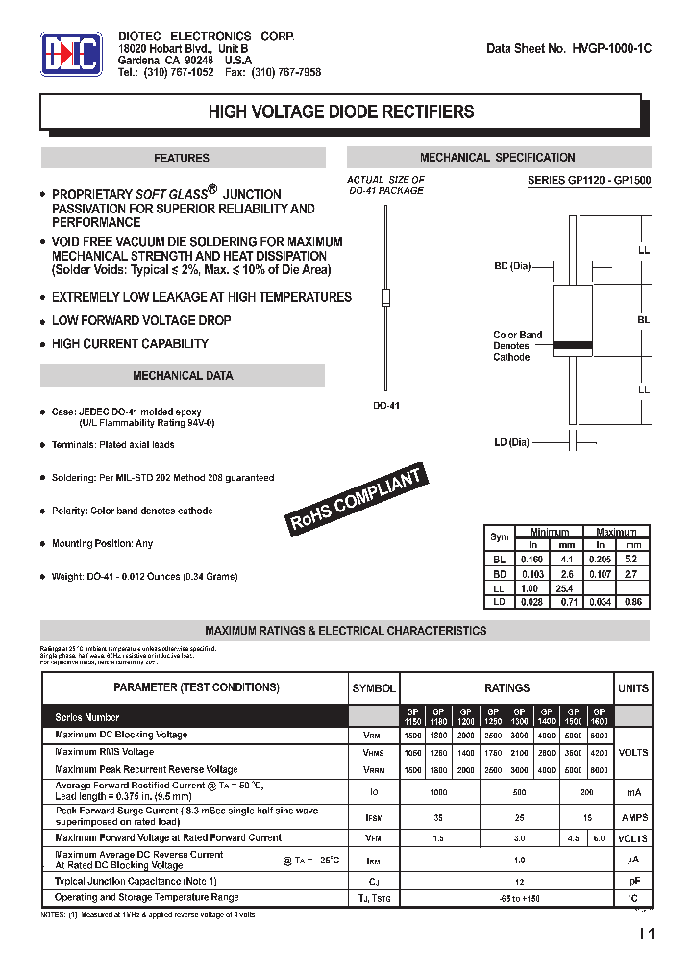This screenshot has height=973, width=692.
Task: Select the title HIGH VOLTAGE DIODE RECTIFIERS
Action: tap(341, 112)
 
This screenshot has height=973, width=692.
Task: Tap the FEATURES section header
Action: tap(182, 158)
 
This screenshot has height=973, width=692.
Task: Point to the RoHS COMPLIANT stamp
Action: tap(357, 500)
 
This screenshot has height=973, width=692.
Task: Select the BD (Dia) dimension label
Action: tap(512, 266)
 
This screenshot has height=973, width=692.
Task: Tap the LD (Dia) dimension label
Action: tap(512, 442)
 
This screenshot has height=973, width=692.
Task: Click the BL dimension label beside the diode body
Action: tap(643, 319)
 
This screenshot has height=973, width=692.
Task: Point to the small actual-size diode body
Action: tap(385, 297)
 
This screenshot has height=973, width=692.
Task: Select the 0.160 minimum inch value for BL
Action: tap(531, 559)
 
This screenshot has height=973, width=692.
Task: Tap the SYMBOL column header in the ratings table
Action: tap(373, 688)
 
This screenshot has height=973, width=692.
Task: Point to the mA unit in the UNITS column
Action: tap(633, 792)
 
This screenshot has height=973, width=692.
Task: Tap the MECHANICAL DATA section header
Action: tap(182, 376)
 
